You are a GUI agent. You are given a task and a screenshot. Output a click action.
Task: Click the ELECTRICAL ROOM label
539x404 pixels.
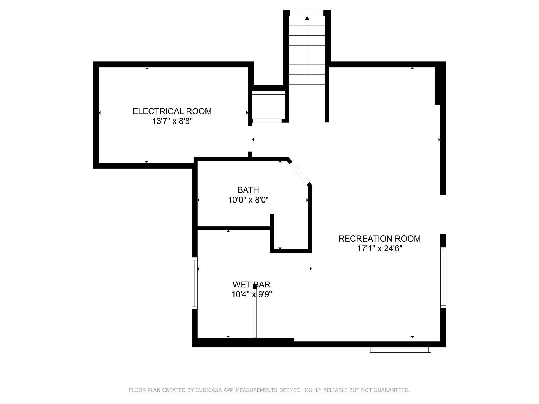[172, 111]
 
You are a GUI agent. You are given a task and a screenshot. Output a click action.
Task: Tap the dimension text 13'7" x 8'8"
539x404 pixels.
[172, 121]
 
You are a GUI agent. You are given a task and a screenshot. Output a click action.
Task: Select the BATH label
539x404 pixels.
[248, 190]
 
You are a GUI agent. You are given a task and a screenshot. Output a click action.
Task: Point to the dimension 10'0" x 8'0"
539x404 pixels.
[248, 200]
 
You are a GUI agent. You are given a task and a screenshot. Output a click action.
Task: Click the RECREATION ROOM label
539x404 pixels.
[379, 239]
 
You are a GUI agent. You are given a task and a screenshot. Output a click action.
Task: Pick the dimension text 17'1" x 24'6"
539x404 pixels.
[380, 249]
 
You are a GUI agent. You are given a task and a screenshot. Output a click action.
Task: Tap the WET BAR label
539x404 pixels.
[251, 285]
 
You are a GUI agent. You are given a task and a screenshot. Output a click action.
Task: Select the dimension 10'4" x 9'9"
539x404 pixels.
[252, 294]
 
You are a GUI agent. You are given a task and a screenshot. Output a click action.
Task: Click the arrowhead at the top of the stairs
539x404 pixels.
[307, 18]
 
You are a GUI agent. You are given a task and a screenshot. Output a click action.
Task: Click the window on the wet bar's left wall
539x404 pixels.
[195, 283]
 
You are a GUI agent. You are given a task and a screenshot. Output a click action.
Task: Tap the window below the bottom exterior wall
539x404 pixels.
[400, 350]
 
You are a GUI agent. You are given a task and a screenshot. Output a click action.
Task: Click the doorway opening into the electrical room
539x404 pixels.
[250, 139]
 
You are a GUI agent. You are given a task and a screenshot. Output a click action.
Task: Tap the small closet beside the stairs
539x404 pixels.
[268, 105]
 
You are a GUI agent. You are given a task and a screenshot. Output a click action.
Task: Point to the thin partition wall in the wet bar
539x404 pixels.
[255, 312]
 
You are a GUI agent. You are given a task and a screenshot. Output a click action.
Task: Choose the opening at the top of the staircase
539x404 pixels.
[307, 13]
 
